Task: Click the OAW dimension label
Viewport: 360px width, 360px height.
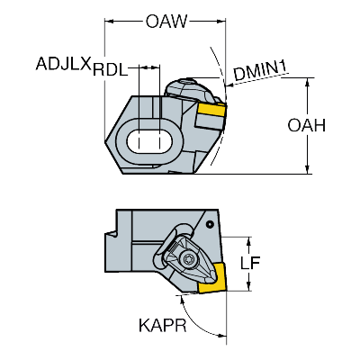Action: (x=166, y=22)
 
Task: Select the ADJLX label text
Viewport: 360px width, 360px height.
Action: (x=63, y=64)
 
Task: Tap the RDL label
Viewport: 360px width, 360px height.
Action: (x=110, y=70)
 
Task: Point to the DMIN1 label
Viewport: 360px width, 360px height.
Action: (x=260, y=71)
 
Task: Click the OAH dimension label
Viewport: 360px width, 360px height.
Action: (x=306, y=125)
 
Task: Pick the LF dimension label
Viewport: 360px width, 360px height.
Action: (x=250, y=263)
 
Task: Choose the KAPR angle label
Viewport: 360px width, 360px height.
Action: (x=163, y=325)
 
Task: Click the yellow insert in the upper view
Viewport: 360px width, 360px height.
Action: (x=211, y=110)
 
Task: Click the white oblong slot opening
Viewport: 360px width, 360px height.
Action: (x=149, y=141)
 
